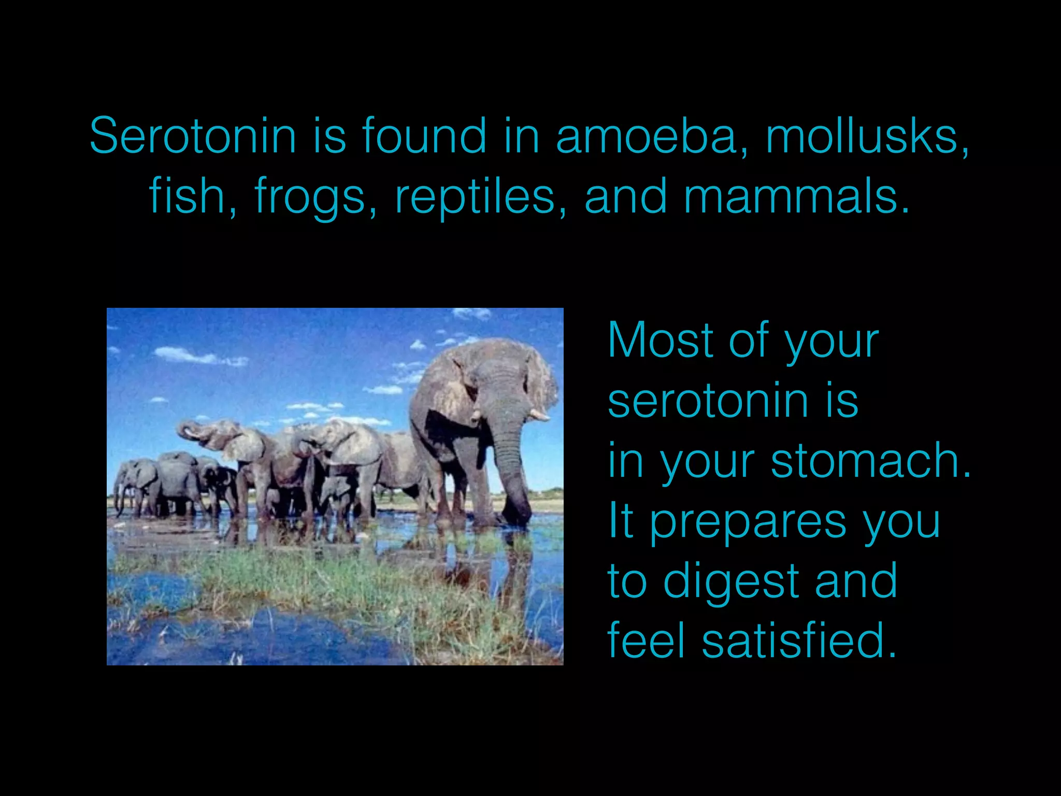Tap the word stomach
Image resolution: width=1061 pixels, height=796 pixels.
(870, 461)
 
